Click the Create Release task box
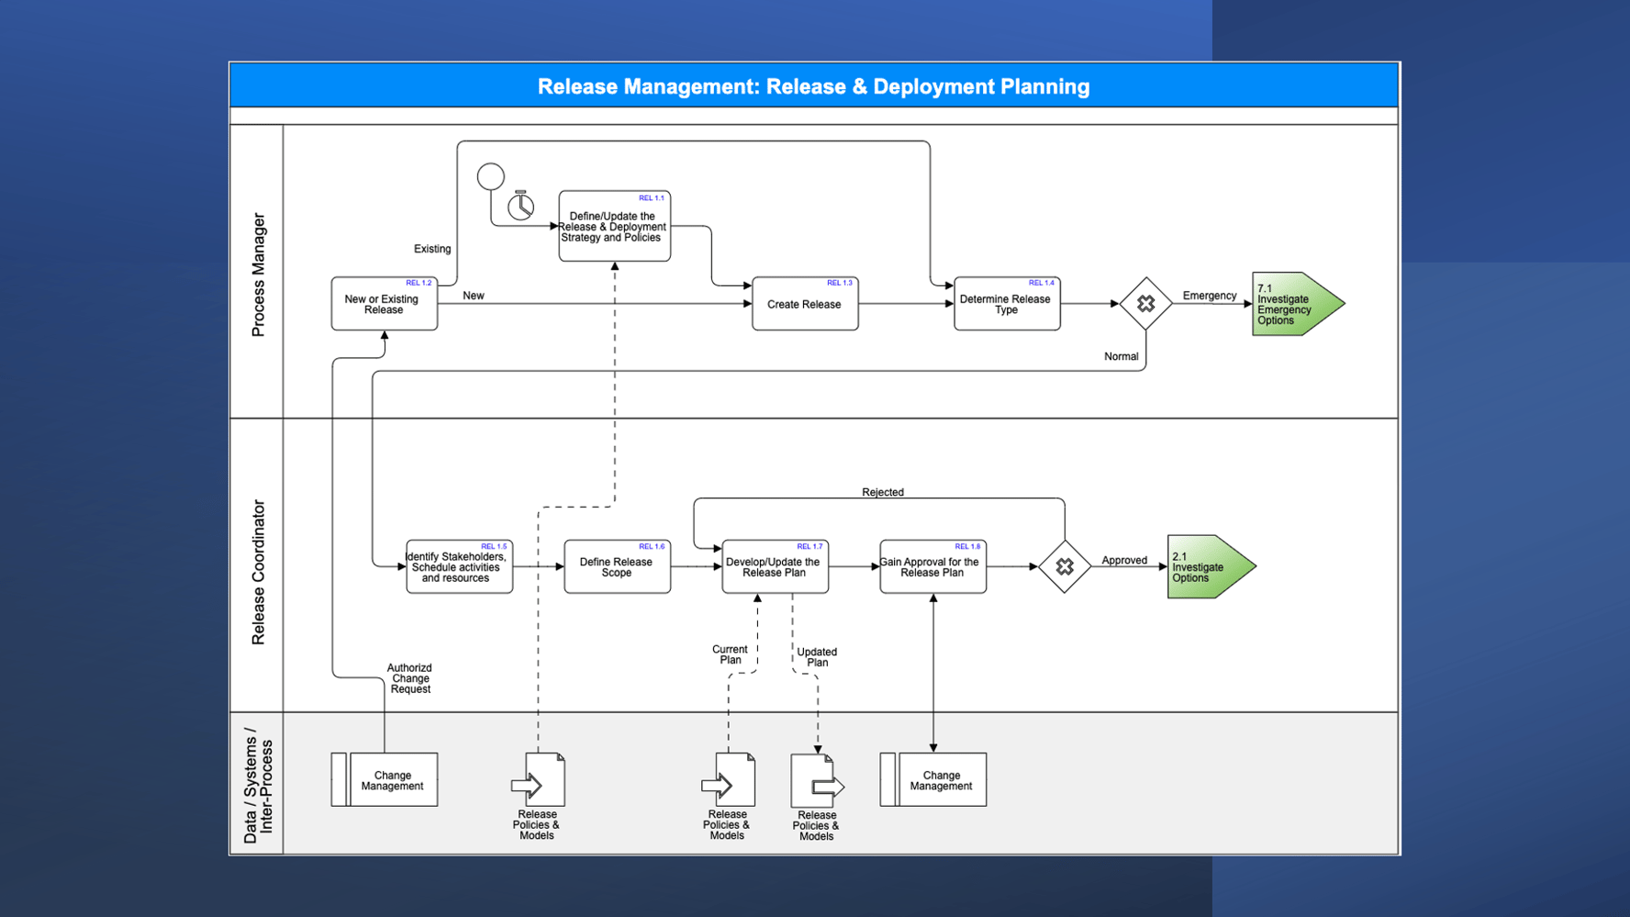(805, 304)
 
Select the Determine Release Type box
(1007, 304)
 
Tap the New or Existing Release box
(384, 304)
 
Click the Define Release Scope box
(617, 567)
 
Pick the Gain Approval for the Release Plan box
(932, 567)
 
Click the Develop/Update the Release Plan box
(775, 567)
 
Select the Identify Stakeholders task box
(459, 567)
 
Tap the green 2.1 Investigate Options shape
(1205, 567)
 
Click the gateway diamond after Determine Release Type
(1145, 304)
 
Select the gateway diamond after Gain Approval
(1065, 567)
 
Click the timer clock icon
(521, 207)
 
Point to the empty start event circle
(491, 176)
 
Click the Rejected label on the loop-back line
(883, 493)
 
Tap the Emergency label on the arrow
(1209, 296)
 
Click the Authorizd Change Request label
(409, 678)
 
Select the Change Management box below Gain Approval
(933, 780)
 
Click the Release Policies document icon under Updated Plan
(816, 781)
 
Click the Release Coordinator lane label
(258, 572)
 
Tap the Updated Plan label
(816, 657)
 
